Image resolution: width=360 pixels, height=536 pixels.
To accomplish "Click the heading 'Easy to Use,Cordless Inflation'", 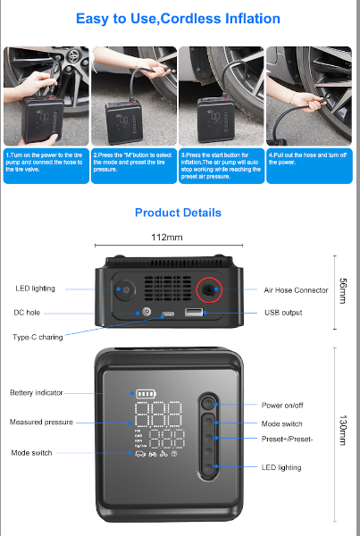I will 178,18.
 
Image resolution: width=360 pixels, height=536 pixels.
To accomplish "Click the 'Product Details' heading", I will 178,213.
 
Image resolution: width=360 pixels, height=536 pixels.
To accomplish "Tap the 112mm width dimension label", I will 168,238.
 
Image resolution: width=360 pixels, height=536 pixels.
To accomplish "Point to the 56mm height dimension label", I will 342,290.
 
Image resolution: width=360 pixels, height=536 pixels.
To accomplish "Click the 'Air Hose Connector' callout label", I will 296,289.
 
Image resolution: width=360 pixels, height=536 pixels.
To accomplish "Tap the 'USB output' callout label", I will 283,313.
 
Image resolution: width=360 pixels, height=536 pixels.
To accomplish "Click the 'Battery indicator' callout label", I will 37,393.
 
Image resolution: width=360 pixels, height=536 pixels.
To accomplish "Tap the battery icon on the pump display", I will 144,392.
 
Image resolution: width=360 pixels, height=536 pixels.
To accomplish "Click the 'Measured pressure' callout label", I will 41,422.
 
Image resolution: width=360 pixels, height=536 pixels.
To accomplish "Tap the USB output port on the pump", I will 194,314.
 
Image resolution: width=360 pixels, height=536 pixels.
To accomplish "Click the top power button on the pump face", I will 208,404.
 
